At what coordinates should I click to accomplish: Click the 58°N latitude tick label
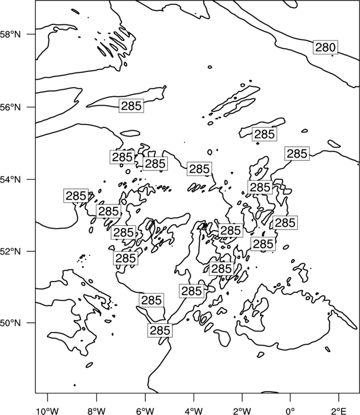coord(11,34)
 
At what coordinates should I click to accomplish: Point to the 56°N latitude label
coord(11,107)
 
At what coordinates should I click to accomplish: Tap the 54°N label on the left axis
coord(11,179)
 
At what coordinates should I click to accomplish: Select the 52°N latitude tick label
coord(11,251)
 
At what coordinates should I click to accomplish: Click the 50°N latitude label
coord(11,323)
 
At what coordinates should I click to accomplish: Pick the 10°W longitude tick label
coord(48,411)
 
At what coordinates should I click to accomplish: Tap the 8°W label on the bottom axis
coord(96,411)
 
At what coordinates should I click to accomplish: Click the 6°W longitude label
coord(145,411)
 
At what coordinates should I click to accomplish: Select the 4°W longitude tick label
coord(194,411)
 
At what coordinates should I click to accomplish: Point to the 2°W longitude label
coord(242,411)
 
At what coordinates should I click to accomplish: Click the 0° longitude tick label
coord(290,411)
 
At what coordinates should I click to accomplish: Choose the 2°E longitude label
coord(339,411)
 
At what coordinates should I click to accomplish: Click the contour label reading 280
coord(326,48)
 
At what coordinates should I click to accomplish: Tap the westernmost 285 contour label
coord(76,196)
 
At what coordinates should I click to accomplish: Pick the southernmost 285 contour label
coord(160,330)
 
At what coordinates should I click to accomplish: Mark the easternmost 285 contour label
coord(297,153)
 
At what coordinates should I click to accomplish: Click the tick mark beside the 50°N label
coord(32,323)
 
